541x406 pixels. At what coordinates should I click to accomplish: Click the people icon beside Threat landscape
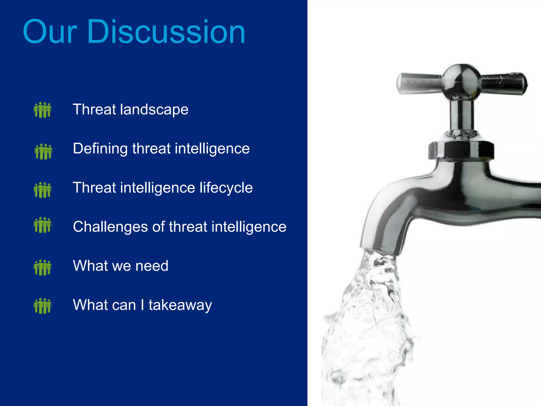pos(43,110)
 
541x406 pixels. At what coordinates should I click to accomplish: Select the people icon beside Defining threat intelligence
pos(43,151)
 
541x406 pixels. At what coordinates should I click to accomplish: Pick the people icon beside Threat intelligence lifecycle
pos(43,190)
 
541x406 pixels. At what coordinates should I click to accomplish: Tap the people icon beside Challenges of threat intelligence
pos(43,225)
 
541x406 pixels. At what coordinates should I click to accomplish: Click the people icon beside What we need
pos(43,267)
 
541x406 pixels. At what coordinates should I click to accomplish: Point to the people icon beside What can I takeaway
pos(43,306)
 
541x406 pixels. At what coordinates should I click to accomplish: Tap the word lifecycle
pos(226,188)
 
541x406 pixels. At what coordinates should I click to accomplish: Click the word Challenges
pos(110,227)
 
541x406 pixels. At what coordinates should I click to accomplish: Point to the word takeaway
pos(180,305)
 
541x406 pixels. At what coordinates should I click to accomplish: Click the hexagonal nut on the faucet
pos(461,150)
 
